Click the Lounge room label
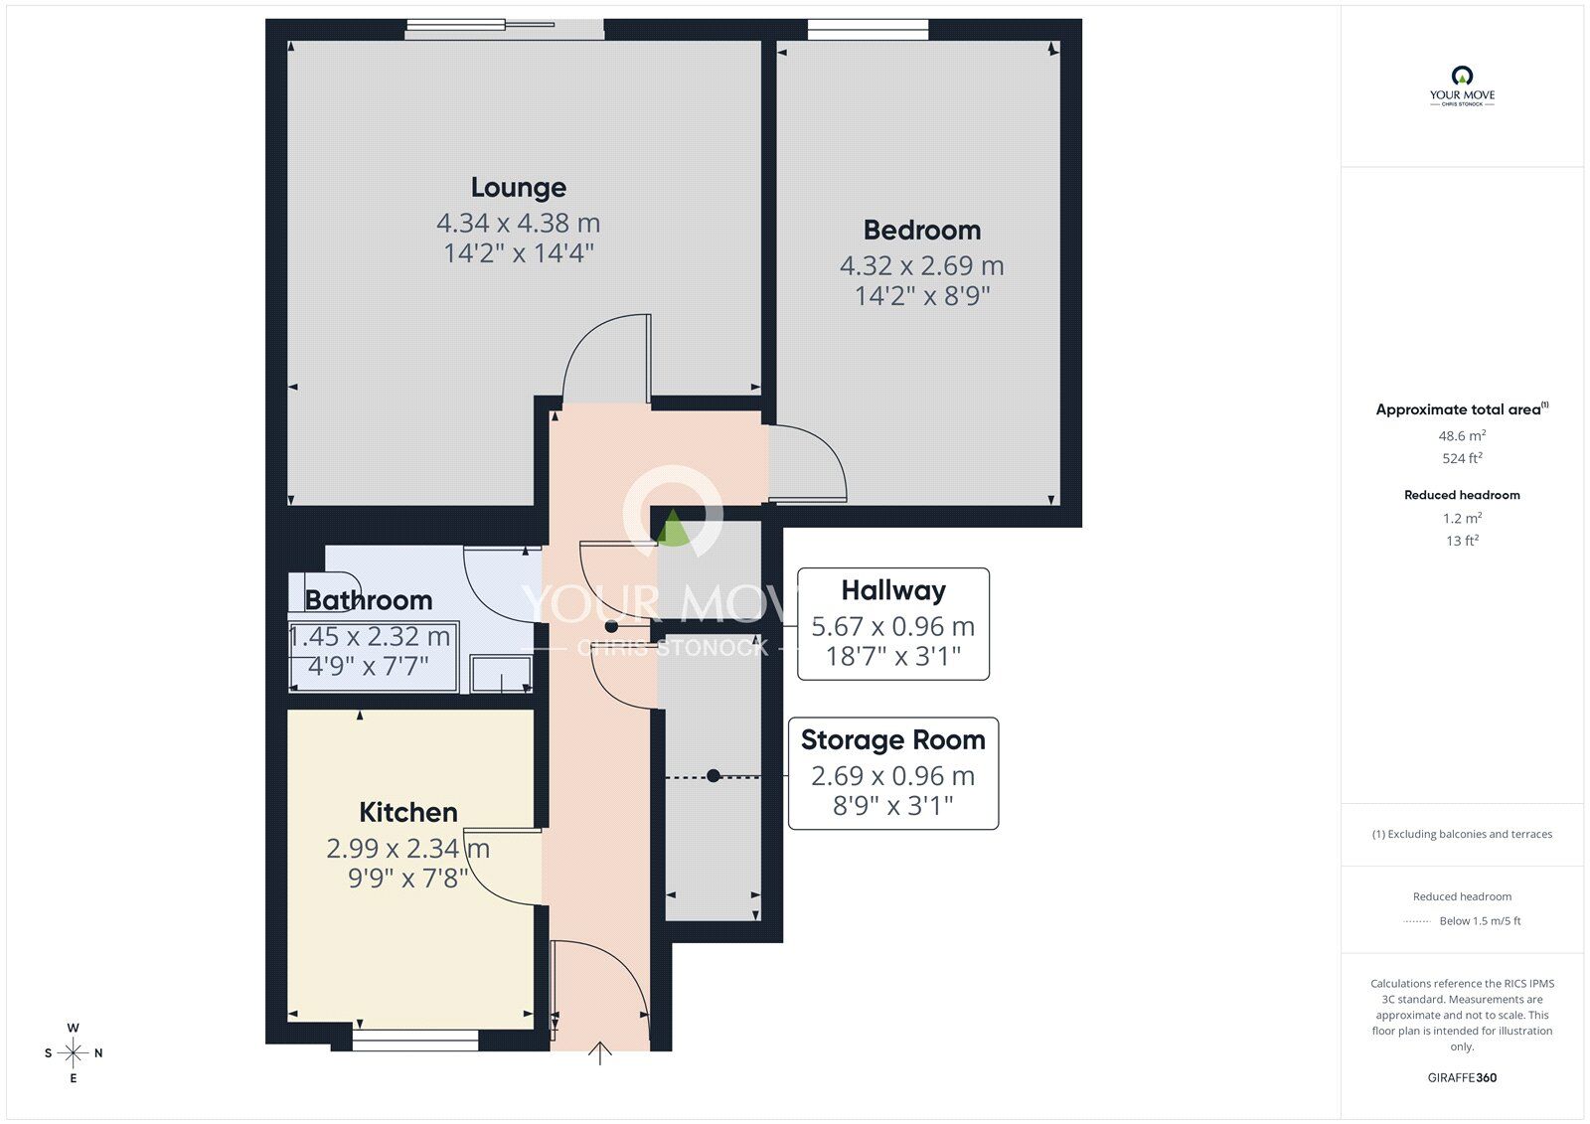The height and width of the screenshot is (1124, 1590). [518, 188]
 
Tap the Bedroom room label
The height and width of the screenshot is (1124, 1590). [921, 231]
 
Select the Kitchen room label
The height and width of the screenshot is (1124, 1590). [407, 812]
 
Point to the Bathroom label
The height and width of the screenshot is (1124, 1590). [368, 600]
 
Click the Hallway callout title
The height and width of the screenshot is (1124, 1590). [892, 590]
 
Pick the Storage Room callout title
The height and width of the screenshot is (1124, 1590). [892, 740]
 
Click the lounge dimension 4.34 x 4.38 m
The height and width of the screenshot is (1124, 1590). [518, 223]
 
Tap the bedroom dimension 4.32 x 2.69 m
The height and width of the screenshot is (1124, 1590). [921, 266]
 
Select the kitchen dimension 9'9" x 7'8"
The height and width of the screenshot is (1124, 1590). [407, 878]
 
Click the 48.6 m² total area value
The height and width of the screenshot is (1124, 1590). [1462, 436]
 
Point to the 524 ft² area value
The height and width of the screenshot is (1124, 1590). [1462, 458]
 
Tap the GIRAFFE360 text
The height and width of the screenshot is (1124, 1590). [1462, 1077]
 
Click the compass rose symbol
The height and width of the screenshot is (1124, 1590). [73, 1052]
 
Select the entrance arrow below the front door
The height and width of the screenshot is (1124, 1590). [600, 1053]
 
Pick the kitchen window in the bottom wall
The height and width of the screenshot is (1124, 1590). [415, 1040]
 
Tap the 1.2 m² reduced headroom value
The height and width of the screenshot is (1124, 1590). [1462, 518]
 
